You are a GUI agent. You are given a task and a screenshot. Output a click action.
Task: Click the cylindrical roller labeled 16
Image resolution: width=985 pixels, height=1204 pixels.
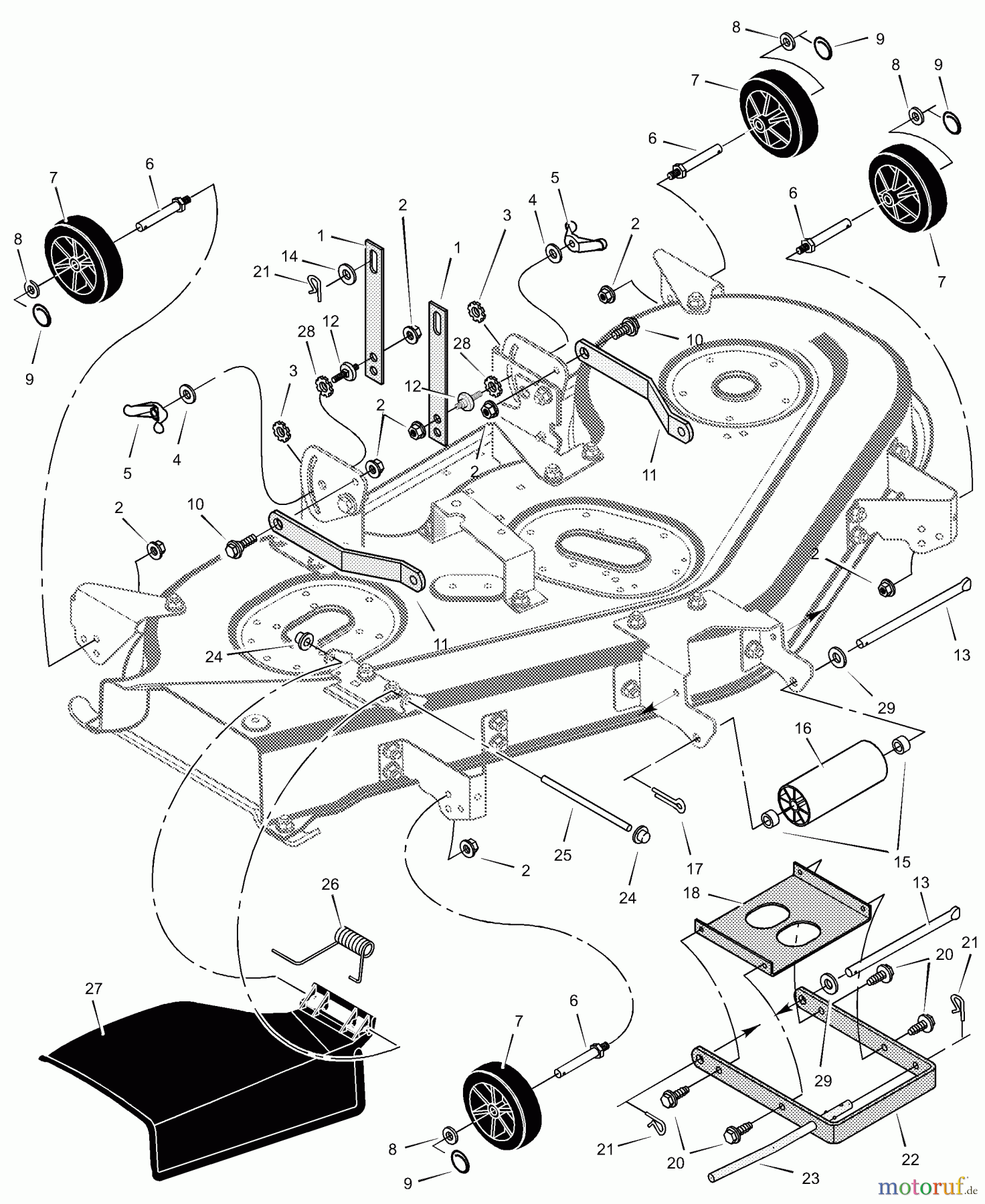(x=830, y=783)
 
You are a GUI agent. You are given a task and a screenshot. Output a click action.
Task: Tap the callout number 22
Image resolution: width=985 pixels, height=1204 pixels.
(x=911, y=1159)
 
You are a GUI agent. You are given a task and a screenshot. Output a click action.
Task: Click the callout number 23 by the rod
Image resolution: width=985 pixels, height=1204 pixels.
(x=810, y=1178)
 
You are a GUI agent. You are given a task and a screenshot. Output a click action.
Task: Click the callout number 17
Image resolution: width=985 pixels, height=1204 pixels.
(x=695, y=868)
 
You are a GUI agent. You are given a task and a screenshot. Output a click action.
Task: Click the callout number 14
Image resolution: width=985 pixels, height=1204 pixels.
(x=289, y=256)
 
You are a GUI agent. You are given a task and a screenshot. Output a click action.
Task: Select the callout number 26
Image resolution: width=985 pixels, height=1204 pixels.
(x=331, y=884)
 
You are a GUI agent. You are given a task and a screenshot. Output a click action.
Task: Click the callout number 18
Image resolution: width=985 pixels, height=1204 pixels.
(x=691, y=894)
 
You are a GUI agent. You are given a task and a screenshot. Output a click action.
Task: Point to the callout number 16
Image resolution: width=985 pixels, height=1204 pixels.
(x=802, y=728)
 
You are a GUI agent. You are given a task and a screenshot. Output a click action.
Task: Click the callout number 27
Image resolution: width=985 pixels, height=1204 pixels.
(x=94, y=989)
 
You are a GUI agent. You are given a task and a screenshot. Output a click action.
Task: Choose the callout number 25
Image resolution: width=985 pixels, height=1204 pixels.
(x=563, y=855)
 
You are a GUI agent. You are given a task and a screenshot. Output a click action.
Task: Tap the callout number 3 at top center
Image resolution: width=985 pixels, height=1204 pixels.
(x=507, y=215)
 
